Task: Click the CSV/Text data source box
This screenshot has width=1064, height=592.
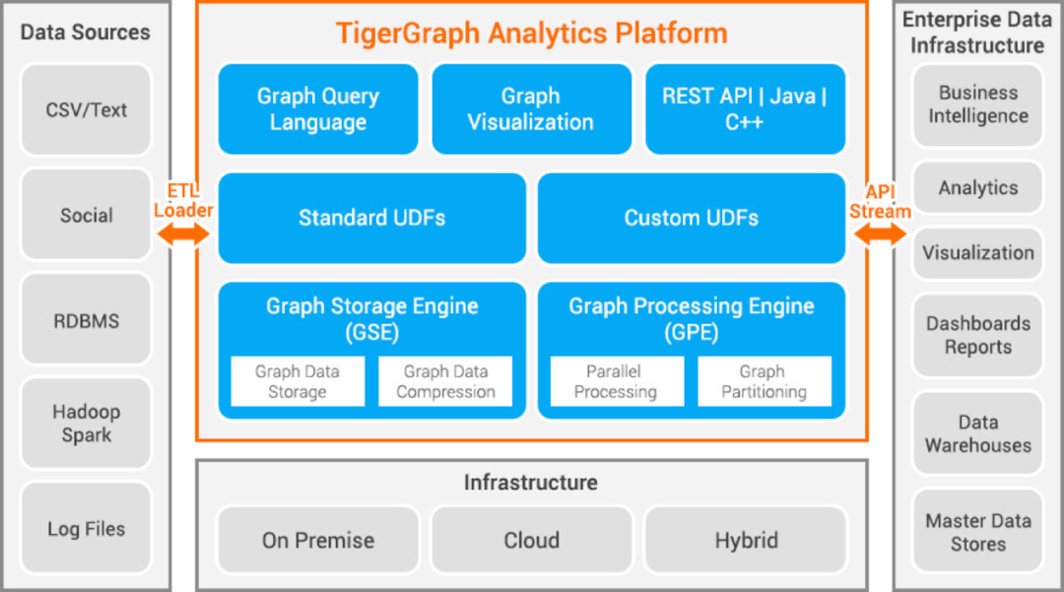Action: pos(86,110)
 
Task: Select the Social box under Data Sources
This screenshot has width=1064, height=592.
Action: pos(86,215)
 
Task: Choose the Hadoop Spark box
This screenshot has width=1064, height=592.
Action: pos(86,424)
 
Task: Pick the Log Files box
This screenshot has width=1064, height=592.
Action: pos(86,529)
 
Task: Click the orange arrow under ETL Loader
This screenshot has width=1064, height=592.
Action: pos(183,233)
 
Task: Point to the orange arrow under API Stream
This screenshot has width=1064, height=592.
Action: pos(881,234)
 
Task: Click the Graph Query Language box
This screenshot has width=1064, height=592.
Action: pos(317,109)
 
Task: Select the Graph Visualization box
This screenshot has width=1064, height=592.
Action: pos(531,109)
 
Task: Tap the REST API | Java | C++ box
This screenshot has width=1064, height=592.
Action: pos(745,109)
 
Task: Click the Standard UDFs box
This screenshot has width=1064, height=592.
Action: pos(371,218)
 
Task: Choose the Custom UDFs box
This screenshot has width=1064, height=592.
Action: pos(691,218)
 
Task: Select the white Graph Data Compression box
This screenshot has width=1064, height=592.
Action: pos(445,381)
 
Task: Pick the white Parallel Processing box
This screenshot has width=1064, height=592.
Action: pos(616,381)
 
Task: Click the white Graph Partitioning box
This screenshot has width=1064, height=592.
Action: pos(764,381)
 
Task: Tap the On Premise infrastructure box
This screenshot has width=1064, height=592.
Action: pos(317,540)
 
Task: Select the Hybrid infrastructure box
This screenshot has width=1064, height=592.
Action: pos(746,540)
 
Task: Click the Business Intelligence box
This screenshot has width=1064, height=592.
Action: pos(977,104)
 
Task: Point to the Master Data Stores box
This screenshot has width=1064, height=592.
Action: pos(977,532)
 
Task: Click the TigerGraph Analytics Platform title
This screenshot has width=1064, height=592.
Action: pos(531,33)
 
